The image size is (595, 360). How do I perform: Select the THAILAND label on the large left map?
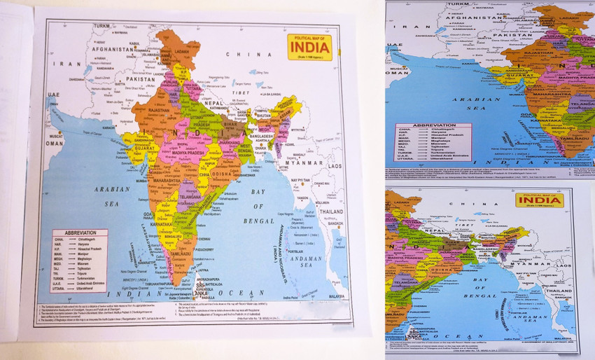pyautogui.click(x=331, y=212)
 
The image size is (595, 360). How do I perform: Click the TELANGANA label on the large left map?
pyautogui.click(x=190, y=198)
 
